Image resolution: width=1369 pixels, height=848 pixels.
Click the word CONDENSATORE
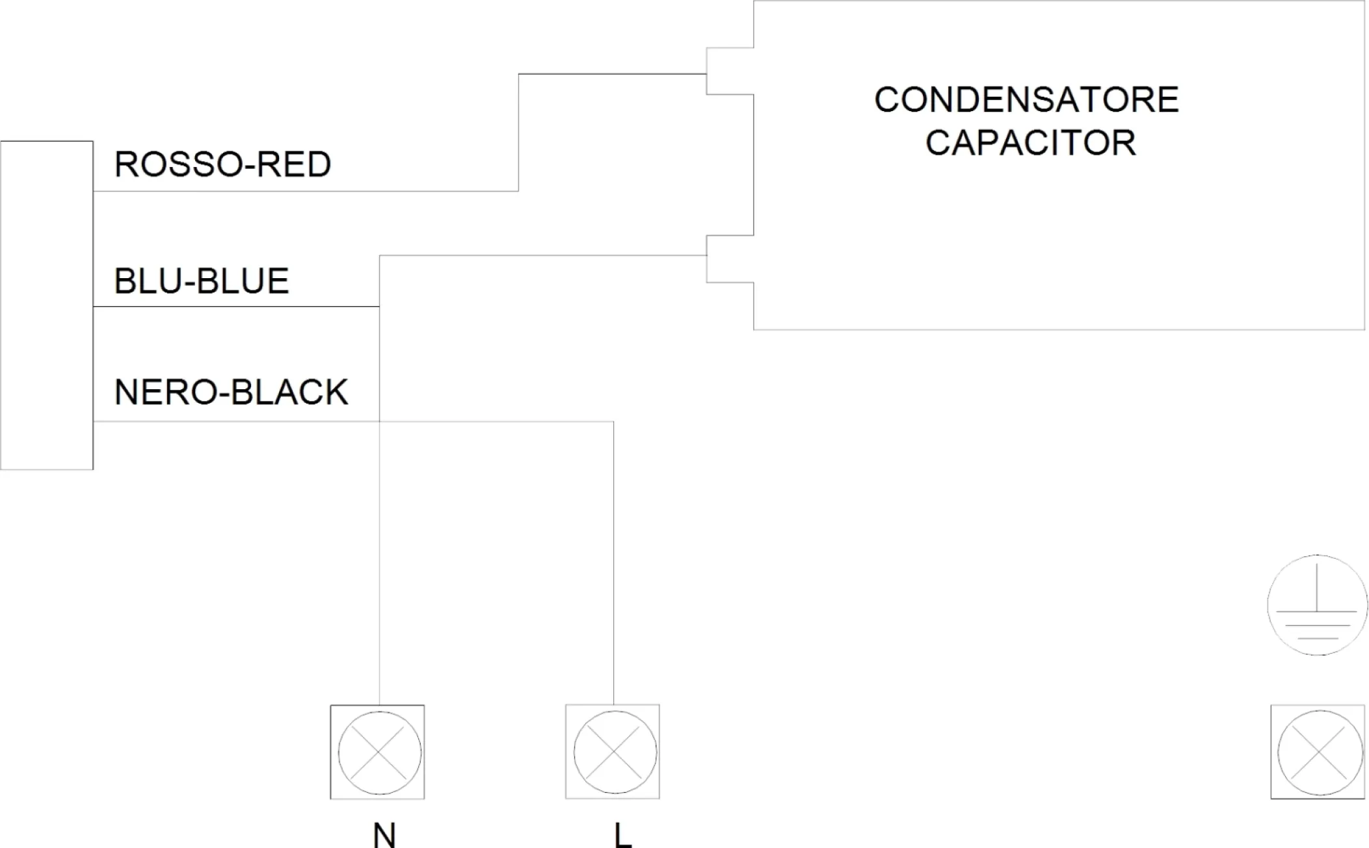tap(1026, 100)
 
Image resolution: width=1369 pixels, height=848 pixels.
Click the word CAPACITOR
tap(1031, 143)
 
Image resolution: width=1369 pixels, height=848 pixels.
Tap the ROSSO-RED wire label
tap(223, 164)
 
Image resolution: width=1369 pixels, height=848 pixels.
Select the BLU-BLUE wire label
tap(202, 281)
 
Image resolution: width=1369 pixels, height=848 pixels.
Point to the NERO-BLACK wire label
tap(232, 392)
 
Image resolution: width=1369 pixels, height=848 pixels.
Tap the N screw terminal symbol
tap(378, 752)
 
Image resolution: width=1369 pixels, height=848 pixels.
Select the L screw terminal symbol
tap(613, 752)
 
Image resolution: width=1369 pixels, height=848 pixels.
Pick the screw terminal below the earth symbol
tap(1318, 752)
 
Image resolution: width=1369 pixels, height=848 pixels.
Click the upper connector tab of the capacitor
tap(730, 71)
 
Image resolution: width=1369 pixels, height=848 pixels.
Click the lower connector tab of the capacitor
tap(730, 259)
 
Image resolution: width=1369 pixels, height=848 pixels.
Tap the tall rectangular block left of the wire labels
tap(47, 305)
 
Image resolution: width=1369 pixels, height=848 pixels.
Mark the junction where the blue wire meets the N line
tap(379, 307)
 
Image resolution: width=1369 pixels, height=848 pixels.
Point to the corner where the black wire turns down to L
tap(613, 422)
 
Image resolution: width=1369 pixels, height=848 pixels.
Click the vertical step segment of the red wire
tap(518, 133)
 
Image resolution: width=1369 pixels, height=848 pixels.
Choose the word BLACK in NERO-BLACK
tap(289, 392)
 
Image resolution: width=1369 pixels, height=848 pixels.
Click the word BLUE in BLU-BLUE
tap(243, 281)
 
